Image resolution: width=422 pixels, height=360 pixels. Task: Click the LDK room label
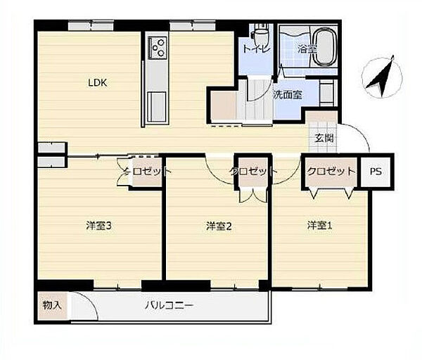(98, 82)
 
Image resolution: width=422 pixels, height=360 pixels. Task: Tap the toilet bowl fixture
(260, 34)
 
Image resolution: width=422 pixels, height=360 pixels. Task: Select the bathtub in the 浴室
(325, 47)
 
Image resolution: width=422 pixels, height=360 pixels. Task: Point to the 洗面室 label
(288, 94)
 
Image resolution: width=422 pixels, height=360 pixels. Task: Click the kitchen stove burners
(158, 48)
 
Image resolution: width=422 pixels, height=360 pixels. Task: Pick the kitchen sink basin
(157, 107)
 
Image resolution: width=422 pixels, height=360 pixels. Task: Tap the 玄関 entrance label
(324, 139)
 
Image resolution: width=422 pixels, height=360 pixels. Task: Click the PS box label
(376, 171)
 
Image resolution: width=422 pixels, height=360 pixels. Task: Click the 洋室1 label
(320, 226)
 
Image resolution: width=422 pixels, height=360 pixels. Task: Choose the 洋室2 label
(219, 226)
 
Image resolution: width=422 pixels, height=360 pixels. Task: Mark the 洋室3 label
(98, 226)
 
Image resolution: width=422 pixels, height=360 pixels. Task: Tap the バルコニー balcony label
(169, 306)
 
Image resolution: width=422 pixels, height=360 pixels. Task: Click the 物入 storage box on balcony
(52, 306)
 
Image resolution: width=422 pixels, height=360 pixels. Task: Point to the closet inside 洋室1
(331, 172)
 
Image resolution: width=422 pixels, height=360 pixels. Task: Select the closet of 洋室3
(147, 172)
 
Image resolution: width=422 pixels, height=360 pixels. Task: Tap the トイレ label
(256, 49)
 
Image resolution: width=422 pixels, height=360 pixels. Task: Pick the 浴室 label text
(307, 49)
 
